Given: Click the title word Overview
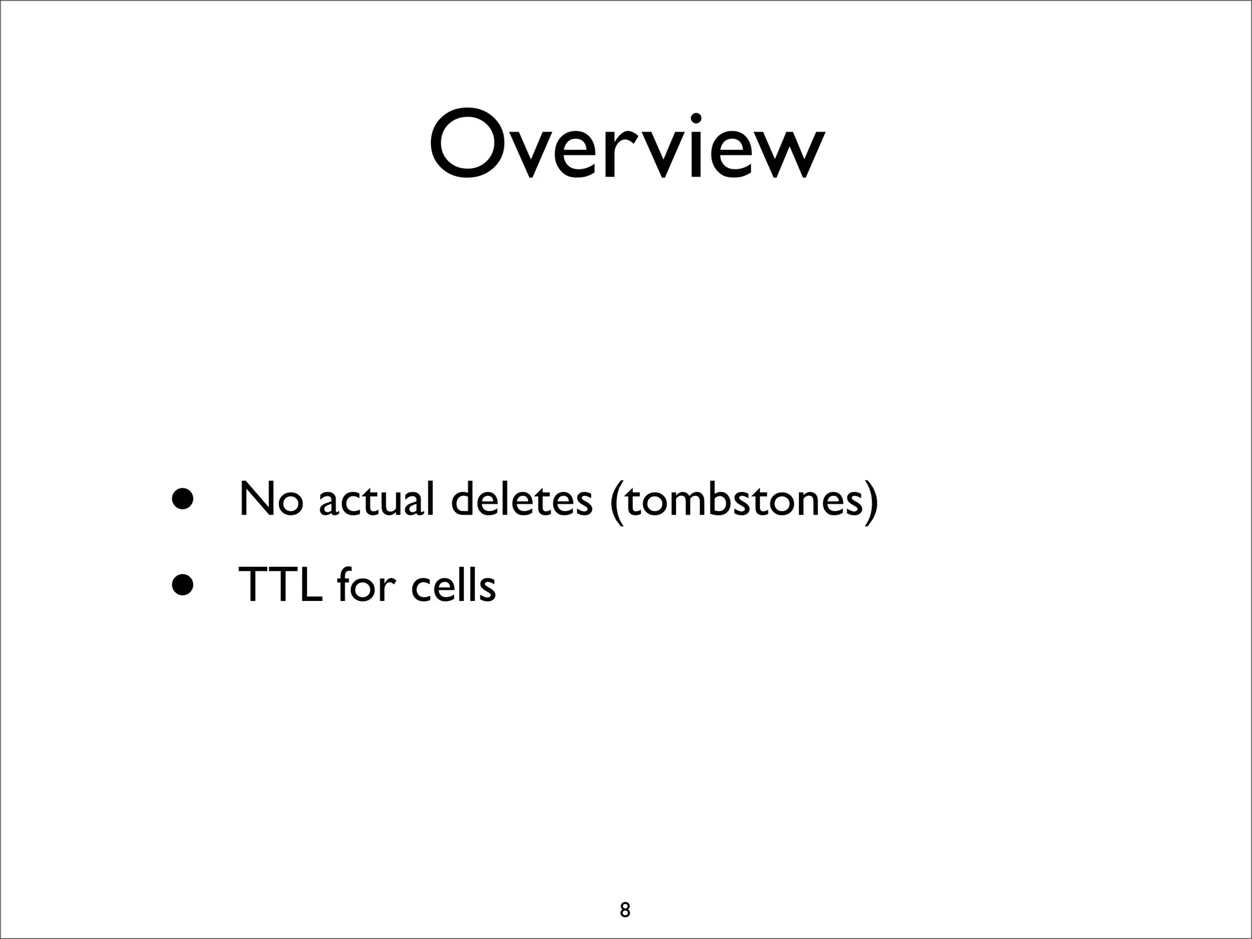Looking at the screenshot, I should [627, 145].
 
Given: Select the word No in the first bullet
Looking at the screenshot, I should [271, 499].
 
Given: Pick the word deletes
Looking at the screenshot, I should [521, 499].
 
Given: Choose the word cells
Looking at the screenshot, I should [453, 584].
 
